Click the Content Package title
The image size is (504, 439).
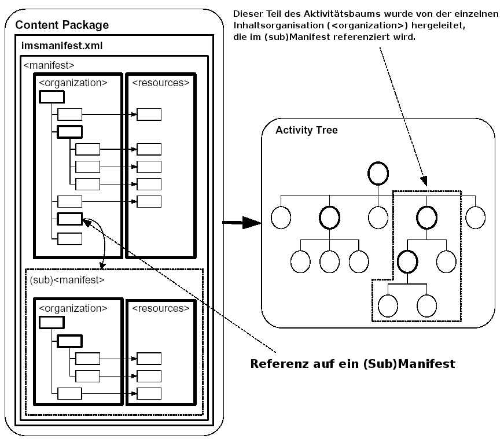62,25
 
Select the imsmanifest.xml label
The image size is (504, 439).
54,45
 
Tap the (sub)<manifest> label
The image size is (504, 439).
67,280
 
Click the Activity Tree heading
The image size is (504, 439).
307,130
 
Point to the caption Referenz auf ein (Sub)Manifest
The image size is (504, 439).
352,364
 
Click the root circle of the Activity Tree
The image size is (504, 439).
378,174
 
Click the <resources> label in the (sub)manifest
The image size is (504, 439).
161,308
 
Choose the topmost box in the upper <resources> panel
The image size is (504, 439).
149,114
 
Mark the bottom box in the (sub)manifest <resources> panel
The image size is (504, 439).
149,393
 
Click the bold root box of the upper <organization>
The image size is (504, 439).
51,97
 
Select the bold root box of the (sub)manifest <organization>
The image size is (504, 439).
51,323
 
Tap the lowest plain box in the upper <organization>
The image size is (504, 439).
70,238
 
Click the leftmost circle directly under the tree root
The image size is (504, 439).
280,217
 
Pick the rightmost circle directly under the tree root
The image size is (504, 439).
475,217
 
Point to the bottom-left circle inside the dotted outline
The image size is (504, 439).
388,305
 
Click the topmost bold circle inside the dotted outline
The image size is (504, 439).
426,217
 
